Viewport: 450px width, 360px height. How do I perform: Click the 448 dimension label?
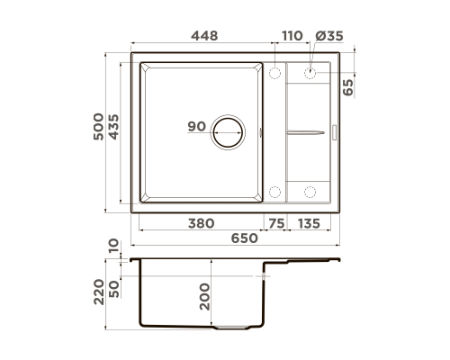coord(204,36)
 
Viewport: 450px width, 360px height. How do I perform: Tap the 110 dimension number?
coord(292,36)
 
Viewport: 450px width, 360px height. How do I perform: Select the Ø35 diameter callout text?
coord(329,36)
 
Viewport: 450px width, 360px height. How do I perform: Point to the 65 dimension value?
coord(348,87)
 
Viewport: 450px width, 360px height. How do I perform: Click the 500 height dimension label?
coord(98,127)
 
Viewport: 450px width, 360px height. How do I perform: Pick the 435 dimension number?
coord(113,127)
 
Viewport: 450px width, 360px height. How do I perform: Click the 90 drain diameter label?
coord(197,126)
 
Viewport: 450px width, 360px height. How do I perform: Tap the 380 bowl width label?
coord(201,223)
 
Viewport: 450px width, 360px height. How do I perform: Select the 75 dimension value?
coord(276,223)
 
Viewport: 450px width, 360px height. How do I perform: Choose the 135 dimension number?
coord(309,223)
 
